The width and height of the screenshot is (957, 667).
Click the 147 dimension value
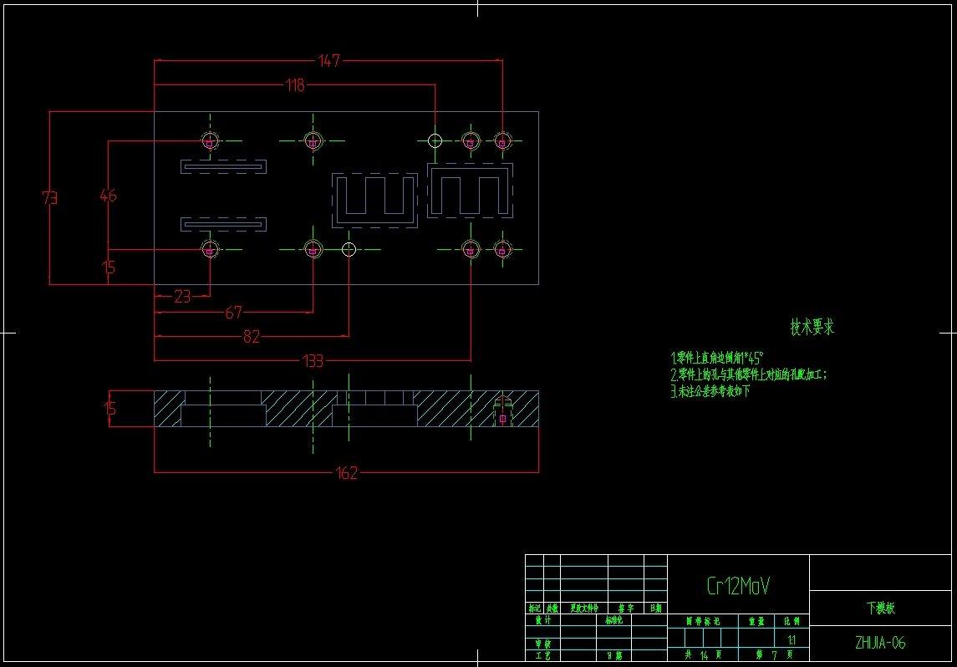pyautogui.click(x=329, y=60)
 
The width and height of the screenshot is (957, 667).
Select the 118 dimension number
pyautogui.click(x=295, y=84)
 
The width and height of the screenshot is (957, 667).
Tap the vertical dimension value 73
pyautogui.click(x=50, y=198)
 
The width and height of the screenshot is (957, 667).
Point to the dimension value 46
pyautogui.click(x=109, y=196)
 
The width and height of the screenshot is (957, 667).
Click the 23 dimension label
pyautogui.click(x=182, y=295)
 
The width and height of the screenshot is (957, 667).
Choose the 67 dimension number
pyautogui.click(x=233, y=313)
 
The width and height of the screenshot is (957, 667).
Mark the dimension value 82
pyautogui.click(x=251, y=337)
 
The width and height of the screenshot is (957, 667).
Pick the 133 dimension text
pyautogui.click(x=312, y=361)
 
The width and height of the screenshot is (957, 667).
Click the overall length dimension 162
pyautogui.click(x=346, y=473)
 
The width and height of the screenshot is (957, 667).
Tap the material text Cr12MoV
pyautogui.click(x=738, y=586)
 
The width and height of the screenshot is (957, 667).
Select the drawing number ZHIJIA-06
pyautogui.click(x=880, y=643)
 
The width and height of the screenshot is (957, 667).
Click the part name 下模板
pyautogui.click(x=880, y=608)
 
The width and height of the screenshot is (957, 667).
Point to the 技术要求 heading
pyautogui.click(x=812, y=328)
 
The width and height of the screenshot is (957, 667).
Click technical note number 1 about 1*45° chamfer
pyautogui.click(x=717, y=358)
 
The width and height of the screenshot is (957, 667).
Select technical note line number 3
pyautogui.click(x=710, y=390)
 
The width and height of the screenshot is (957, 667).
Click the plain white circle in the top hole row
pyautogui.click(x=435, y=140)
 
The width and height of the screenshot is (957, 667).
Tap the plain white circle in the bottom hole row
pyautogui.click(x=349, y=249)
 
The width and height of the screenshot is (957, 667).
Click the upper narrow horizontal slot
pyautogui.click(x=224, y=167)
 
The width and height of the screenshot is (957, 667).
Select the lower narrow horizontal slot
pyautogui.click(x=224, y=224)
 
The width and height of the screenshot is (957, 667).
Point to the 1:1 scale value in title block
pyautogui.click(x=792, y=640)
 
